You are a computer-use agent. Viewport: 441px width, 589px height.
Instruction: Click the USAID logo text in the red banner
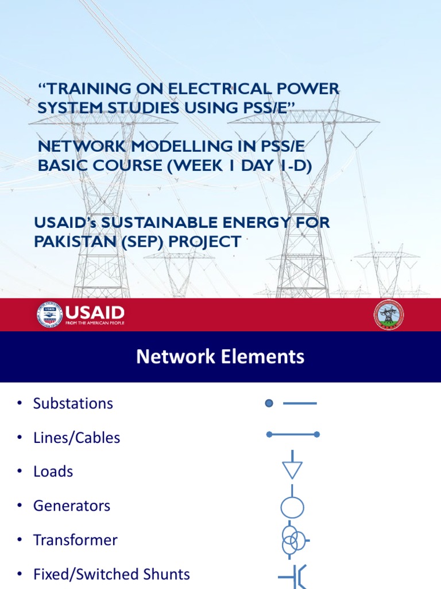click(94, 313)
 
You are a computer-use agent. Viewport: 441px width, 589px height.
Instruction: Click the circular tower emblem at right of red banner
click(389, 315)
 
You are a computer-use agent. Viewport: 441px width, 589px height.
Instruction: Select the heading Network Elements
click(220, 357)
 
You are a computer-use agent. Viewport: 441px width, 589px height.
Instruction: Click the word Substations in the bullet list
click(73, 403)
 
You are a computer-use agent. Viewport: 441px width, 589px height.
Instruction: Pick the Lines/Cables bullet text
click(76, 438)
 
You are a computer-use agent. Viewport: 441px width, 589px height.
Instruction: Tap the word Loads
click(53, 472)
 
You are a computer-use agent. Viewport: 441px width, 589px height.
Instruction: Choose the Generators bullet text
click(72, 506)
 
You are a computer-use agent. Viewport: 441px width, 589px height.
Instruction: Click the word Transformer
click(75, 540)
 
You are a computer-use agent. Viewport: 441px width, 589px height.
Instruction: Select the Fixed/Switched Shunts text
click(111, 574)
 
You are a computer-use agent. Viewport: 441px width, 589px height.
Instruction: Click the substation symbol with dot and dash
click(291, 403)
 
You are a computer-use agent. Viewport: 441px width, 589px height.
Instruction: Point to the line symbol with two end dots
click(293, 435)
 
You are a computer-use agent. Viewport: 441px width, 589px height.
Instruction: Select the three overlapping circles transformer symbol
click(293, 540)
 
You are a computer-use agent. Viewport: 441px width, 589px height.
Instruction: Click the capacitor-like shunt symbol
click(293, 576)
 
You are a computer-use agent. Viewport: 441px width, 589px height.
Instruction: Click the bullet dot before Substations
click(20, 403)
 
